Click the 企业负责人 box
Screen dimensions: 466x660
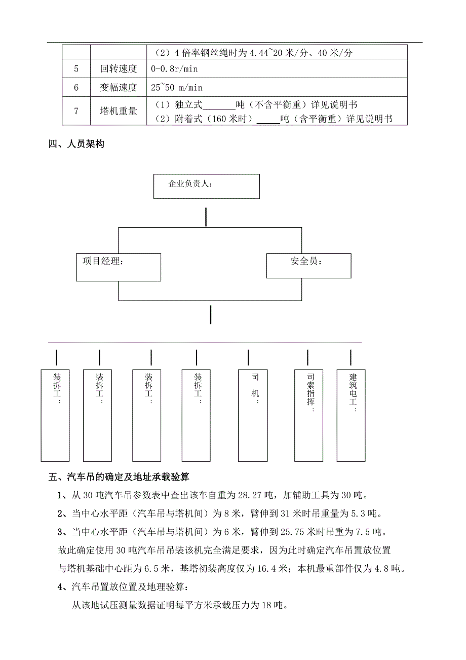tap(206, 186)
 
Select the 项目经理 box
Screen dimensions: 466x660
tap(119, 267)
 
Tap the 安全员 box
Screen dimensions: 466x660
tap(308, 266)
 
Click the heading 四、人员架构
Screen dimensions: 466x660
tap(76, 144)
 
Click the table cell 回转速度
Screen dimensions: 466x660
tap(119, 68)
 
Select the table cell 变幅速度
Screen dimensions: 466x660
tap(119, 87)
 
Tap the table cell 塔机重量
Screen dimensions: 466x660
tap(119, 111)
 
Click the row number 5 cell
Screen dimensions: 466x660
tap(76, 68)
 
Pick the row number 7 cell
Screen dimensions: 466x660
tap(76, 111)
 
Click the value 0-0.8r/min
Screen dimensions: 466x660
tap(176, 68)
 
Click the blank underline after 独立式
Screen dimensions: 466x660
tap(219, 106)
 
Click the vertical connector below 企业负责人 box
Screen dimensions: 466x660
tap(206, 216)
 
